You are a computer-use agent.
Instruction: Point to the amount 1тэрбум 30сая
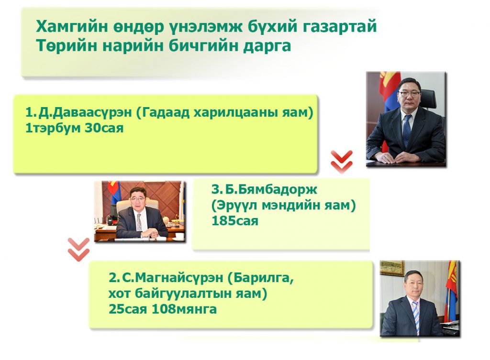pyautogui.click(x=74, y=128)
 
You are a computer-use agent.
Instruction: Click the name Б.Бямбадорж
pyautogui.click(x=271, y=189)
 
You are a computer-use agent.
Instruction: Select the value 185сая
pyautogui.click(x=235, y=221)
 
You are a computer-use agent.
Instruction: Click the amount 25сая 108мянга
pyautogui.click(x=163, y=309)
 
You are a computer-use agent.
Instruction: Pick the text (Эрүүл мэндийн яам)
pyautogui.click(x=284, y=206)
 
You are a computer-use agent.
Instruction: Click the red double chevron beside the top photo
pyautogui.click(x=342, y=162)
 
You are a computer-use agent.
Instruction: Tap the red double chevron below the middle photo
pyautogui.click(x=79, y=250)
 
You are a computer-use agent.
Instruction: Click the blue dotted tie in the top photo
pyautogui.click(x=407, y=130)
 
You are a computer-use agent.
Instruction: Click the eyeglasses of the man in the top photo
pyautogui.click(x=409, y=93)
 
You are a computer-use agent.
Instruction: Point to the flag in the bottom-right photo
pyautogui.click(x=452, y=290)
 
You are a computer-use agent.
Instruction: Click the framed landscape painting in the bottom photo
pyautogui.click(x=392, y=269)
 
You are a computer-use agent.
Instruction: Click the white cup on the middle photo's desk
pyautogui.click(x=180, y=236)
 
